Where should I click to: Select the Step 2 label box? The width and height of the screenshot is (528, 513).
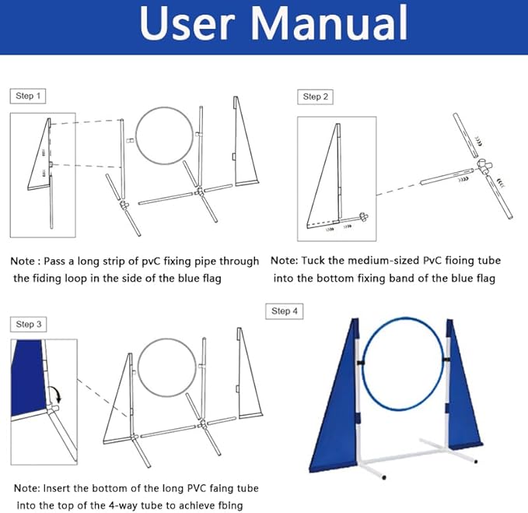click(x=316, y=97)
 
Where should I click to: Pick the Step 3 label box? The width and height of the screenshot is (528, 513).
click(x=30, y=324)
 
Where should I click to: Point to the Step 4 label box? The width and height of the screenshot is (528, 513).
click(x=285, y=311)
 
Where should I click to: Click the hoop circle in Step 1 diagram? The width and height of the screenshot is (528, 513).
click(x=165, y=135)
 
